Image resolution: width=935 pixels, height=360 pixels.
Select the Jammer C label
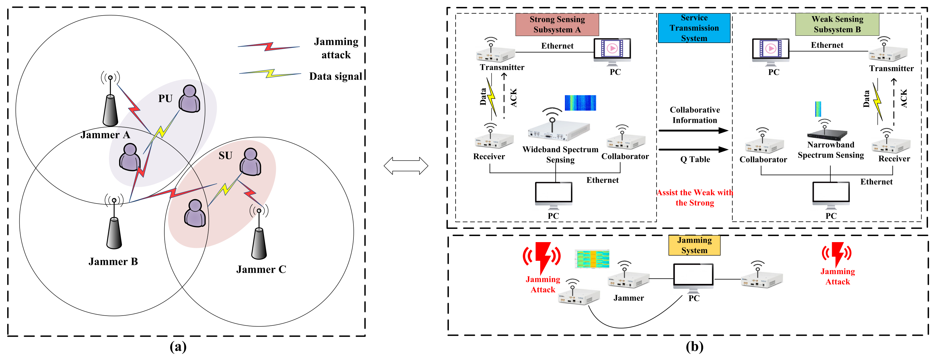click(261, 269)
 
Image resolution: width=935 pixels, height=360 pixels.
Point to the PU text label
click(165, 98)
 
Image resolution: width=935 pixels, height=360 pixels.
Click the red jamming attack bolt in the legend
click(269, 46)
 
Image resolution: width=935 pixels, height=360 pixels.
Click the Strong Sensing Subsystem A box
click(557, 24)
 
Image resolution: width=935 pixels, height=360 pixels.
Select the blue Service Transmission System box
click(694, 28)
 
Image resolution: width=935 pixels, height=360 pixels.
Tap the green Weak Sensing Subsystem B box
click(837, 24)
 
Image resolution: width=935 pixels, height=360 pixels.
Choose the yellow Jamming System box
click(694, 245)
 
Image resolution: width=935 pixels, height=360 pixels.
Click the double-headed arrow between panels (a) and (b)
click(406, 166)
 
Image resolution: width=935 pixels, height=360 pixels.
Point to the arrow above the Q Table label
click(694, 149)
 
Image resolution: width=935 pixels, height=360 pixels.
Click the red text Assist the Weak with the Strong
click(695, 198)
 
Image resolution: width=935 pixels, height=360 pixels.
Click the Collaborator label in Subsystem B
click(763, 160)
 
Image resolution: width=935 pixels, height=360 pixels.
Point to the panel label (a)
click(178, 347)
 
